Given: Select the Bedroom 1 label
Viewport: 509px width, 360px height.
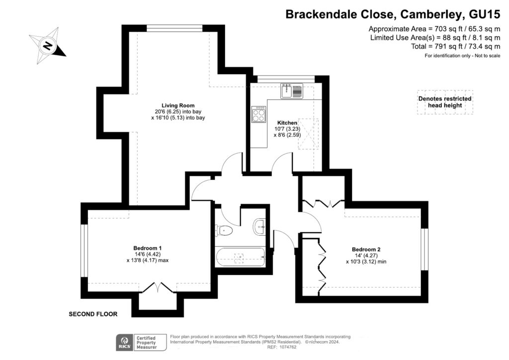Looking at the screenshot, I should click(147, 248).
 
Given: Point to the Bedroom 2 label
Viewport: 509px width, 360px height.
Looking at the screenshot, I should click(366, 249).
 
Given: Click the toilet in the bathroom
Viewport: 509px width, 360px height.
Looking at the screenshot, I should click(224, 230).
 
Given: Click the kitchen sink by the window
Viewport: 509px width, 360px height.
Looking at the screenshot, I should click(291, 91).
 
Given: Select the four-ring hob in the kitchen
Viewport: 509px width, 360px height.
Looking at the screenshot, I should click(259, 115).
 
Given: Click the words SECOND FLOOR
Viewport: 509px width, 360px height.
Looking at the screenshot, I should click(93, 314).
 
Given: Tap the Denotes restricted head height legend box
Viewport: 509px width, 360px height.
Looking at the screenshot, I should click(445, 102).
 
